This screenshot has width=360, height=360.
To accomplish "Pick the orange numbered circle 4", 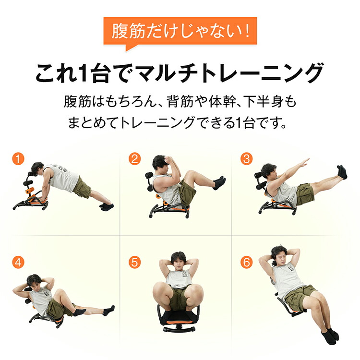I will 18,263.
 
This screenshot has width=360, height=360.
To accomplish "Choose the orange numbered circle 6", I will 246,263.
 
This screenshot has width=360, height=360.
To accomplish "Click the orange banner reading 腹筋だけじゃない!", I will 180,32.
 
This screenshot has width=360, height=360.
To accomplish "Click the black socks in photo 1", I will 106,206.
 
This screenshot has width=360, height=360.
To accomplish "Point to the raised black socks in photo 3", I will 342,172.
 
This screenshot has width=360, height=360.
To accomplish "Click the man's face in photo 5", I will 178,262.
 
